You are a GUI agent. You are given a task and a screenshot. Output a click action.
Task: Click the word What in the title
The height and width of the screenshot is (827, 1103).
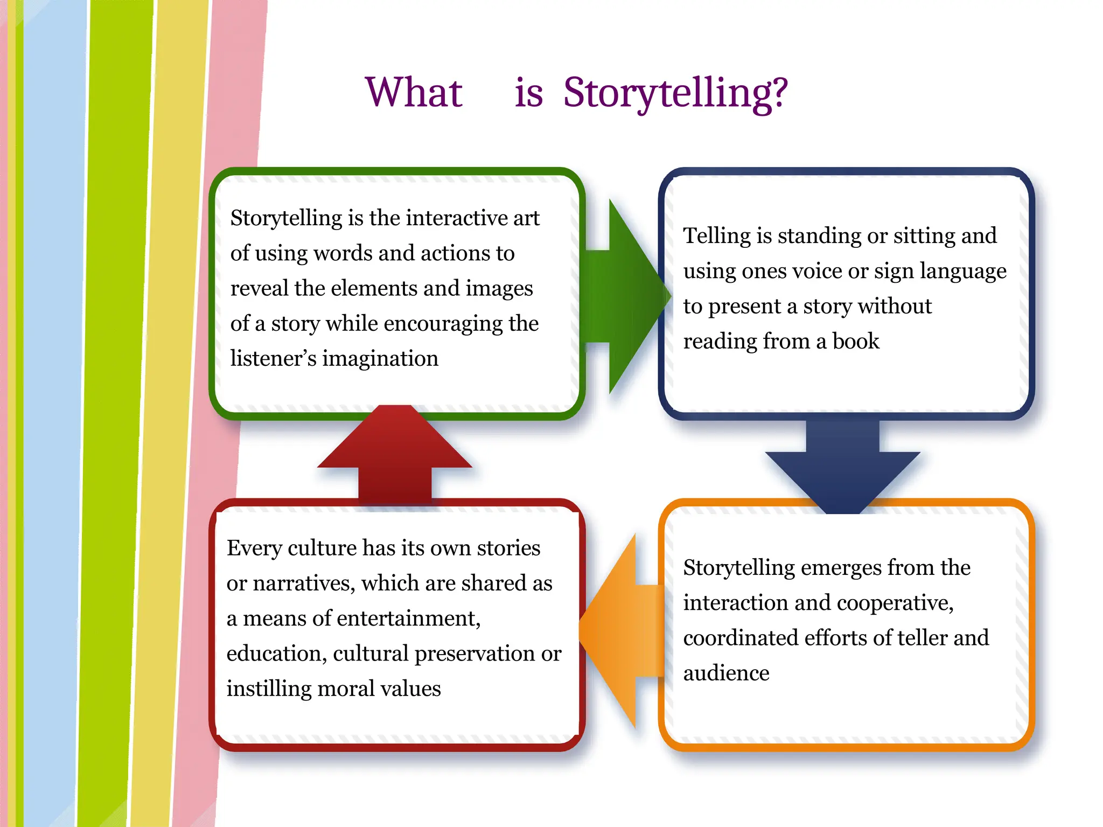414,93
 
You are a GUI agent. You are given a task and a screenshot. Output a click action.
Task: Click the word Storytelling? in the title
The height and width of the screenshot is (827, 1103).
675,93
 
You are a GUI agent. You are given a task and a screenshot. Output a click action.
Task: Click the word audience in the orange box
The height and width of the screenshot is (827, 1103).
726,673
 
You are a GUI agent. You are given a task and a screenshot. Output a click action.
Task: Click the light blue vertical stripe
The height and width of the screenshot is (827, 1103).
54,409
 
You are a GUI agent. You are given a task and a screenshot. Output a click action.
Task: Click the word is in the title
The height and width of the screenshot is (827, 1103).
528,93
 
